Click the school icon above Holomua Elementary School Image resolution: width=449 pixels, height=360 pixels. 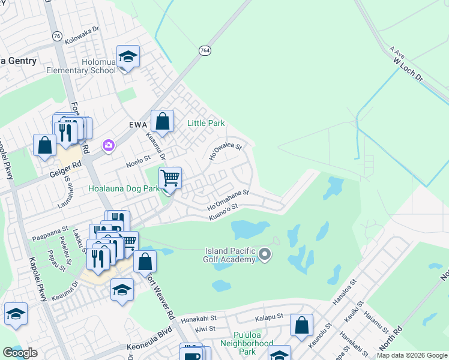click(128, 57)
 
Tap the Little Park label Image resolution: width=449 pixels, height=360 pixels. click(206, 123)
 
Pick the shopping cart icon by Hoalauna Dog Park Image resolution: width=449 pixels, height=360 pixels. click(170, 178)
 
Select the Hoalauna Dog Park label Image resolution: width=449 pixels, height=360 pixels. click(124, 188)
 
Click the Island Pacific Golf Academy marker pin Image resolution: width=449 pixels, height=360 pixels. click(264, 256)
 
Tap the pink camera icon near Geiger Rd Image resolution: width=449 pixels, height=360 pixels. click(109, 145)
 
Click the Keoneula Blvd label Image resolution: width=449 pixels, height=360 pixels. click(149, 347)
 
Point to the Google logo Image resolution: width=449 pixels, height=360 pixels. click(20, 353)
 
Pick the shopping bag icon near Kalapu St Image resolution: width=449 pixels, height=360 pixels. click(301, 326)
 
